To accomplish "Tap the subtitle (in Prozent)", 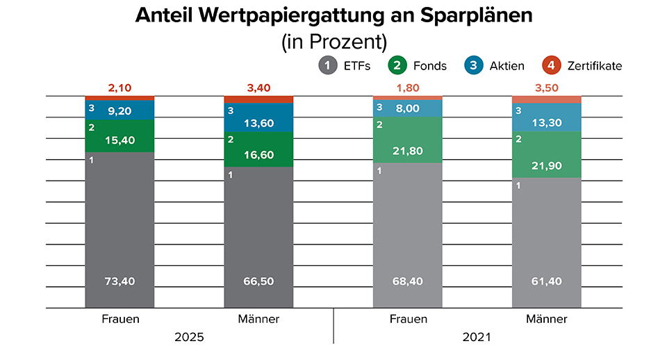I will pos(333,42).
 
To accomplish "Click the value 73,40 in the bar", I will pos(120,281).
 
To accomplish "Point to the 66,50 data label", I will pos(258,281).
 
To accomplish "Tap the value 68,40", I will pos(408,281).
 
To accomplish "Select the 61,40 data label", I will pos(547,281).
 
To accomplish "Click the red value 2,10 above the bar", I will pos(120,88).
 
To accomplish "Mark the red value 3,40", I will pos(258,88).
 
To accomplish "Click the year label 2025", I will pos(189,337).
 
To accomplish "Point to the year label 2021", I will pos(477,337).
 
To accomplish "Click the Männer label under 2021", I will pos(547,320).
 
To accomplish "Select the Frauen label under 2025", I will pos(120,320).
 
